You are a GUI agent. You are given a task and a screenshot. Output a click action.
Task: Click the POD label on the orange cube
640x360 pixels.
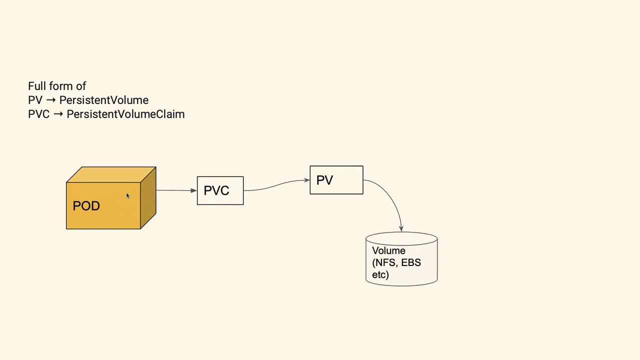[86, 206]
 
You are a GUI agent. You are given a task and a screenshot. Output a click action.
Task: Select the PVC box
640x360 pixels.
[220, 190]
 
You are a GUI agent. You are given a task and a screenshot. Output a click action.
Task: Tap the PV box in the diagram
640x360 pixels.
[336, 180]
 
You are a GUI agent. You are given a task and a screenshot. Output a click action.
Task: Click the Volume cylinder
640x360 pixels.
[401, 259]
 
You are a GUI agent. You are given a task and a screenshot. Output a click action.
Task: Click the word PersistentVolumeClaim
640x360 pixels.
[125, 114]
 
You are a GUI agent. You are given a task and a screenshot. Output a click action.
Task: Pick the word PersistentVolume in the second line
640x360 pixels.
[104, 100]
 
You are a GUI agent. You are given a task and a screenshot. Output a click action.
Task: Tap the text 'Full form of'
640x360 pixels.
[57, 86]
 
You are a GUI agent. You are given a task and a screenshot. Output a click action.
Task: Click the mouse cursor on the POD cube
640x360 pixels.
[127, 196]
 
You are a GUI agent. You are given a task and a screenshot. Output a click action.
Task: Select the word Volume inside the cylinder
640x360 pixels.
[388, 250]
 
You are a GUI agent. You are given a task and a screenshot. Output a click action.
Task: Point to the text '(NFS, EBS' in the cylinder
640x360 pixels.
[396, 262]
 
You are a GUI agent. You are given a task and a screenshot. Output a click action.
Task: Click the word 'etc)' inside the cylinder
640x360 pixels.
[380, 274]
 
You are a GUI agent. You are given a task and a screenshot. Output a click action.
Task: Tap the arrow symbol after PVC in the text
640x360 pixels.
[58, 114]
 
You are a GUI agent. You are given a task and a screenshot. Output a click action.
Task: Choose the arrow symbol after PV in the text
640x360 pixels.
[50, 100]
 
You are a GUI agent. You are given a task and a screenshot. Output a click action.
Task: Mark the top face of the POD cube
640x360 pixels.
[111, 174]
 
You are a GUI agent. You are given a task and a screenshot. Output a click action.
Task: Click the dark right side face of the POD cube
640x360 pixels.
[148, 198]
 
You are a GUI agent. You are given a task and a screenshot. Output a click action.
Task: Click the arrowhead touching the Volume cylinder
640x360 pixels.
[401, 228]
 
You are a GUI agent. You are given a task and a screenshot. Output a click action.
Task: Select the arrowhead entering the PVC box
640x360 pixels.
[194, 190]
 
